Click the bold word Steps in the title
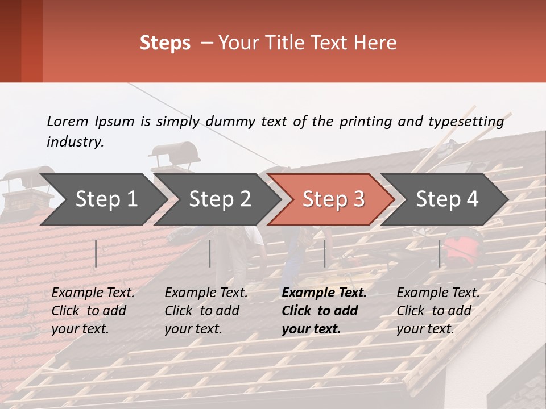165,43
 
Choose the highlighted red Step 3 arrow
333,199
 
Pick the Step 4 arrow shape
447,199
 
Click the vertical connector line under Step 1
96,253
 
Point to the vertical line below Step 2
210,253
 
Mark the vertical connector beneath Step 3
324,253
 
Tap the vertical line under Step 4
439,253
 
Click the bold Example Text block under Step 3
324,311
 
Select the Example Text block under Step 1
93,311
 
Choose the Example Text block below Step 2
206,311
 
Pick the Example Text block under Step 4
438,311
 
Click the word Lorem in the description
67,121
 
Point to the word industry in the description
75,142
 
